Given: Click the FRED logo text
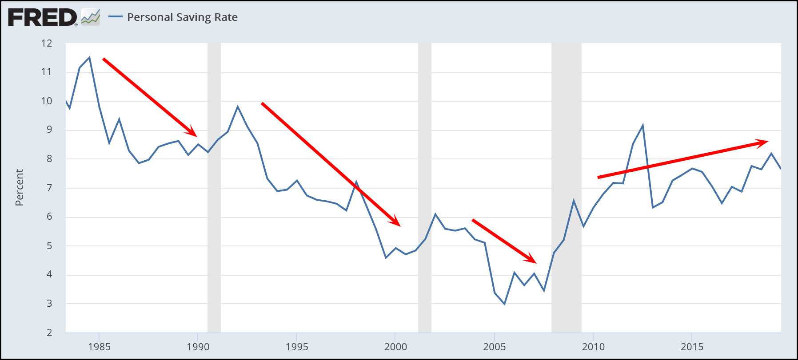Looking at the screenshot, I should point(42,17).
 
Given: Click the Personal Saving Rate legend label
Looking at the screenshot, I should point(182,17).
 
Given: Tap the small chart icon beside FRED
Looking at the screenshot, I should point(91,17).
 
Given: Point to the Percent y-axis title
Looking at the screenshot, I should point(19,187).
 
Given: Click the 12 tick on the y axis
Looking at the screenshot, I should point(47,43).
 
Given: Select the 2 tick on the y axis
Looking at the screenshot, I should point(49,332).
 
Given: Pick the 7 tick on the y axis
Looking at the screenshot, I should point(49,188).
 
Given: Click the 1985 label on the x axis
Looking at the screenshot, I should point(99,347).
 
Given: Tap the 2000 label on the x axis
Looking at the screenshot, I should point(395,347).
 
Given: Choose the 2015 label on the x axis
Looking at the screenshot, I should point(692,347).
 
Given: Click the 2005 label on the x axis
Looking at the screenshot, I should point(494,347).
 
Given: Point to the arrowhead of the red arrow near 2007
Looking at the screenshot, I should point(532,259).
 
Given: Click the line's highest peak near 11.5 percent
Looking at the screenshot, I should point(89,57).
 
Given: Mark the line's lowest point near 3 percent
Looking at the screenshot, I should point(504,304).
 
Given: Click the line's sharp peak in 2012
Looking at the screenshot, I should point(642,126).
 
